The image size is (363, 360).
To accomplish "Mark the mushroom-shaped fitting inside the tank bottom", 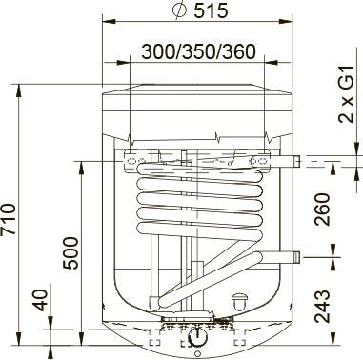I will (x=238, y=302).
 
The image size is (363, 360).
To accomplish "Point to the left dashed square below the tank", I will (x=154, y=340).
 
